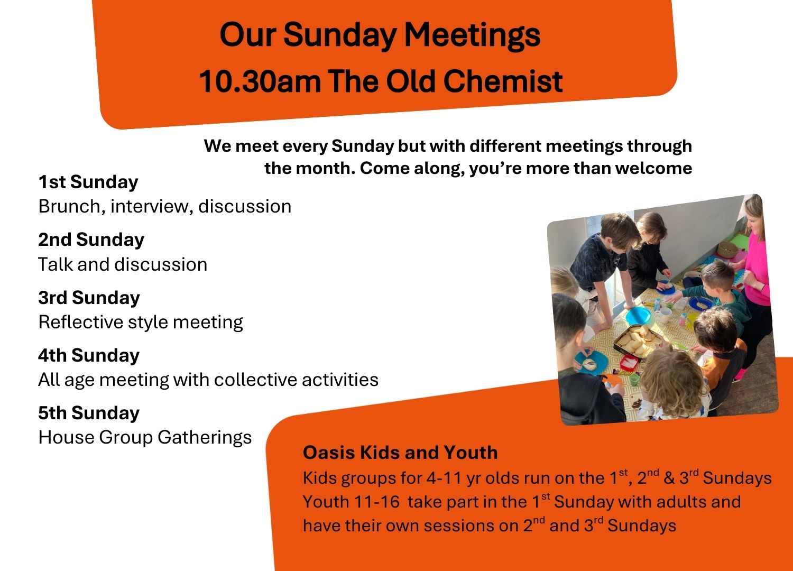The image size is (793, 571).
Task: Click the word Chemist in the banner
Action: pyautogui.click(x=503, y=81)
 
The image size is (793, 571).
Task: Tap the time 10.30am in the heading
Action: pyautogui.click(x=260, y=81)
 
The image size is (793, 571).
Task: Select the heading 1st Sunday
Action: pyautogui.click(x=88, y=182)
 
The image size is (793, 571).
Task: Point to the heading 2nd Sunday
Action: pyautogui.click(x=91, y=240)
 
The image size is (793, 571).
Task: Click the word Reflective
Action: pyautogui.click(x=80, y=322)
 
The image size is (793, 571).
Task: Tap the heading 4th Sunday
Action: pyautogui.click(x=89, y=355)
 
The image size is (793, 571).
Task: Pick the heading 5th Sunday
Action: pyautogui.click(x=89, y=413)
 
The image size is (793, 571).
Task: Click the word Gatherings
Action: pyautogui.click(x=204, y=438)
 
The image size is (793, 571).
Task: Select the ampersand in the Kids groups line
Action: pyautogui.click(x=669, y=478)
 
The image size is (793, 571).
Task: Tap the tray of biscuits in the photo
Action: pyautogui.click(x=637, y=340)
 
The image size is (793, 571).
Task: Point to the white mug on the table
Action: pyautogui.click(x=665, y=315)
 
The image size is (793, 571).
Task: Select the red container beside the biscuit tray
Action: pyautogui.click(x=629, y=363)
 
